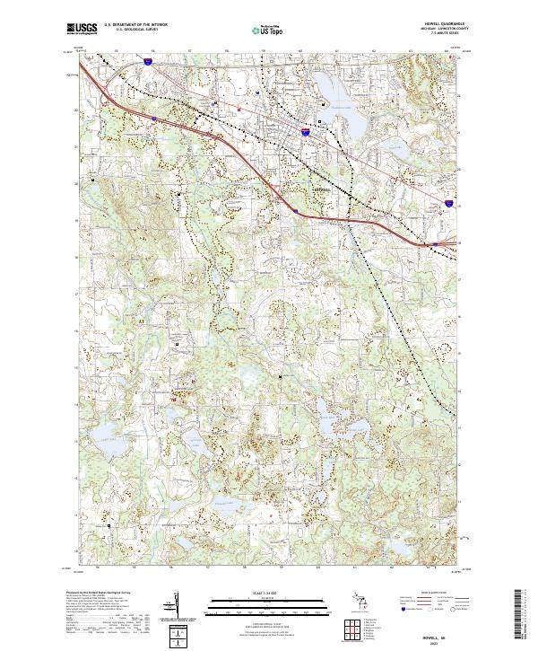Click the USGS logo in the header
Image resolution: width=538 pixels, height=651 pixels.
[x=82, y=29]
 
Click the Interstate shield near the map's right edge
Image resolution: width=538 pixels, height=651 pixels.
[x=448, y=206]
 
